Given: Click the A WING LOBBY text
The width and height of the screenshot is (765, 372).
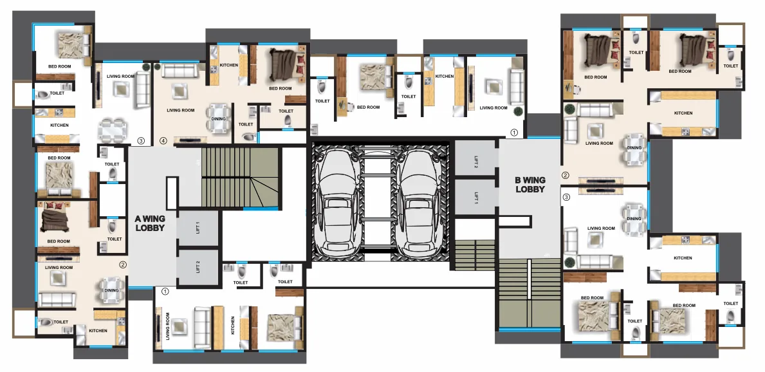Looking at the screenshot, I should coord(150,223).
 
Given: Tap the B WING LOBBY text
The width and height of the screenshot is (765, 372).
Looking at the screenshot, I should coord(530,185).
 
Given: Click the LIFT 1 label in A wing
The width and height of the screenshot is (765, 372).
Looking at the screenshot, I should coord(198,227).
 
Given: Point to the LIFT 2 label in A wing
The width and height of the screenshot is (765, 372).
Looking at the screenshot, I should coord(198,266).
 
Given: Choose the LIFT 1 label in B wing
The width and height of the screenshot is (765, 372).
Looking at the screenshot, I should coord(476,198).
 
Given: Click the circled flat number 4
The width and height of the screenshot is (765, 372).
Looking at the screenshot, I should coord(163,140).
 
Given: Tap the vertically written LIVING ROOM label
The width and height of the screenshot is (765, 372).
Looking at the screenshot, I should coord(167,326).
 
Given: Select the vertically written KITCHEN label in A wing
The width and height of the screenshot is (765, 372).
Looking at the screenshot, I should coord(232,326).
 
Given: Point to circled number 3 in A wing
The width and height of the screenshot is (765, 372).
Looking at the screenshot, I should coord(141,140).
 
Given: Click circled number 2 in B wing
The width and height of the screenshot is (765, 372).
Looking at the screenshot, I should coord(566,175).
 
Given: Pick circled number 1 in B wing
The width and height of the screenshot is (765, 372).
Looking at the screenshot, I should coord(513,133).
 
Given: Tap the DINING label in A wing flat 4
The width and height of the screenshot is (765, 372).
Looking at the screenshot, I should coord(219,118).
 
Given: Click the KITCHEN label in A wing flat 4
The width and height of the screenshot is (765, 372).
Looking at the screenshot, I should coord(228,65).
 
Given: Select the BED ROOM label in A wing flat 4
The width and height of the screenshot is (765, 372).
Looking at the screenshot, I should coord(281,88).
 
